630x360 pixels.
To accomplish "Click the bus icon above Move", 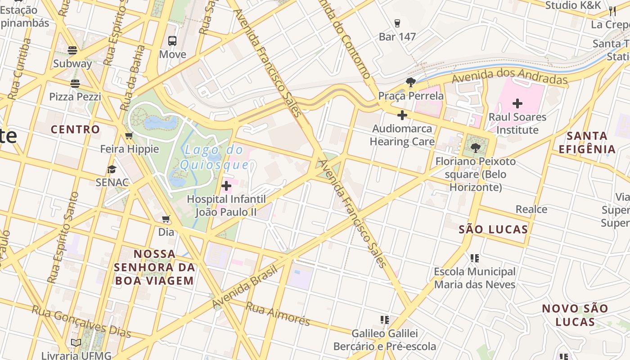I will click(x=172, y=41).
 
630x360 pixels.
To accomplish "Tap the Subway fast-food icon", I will click(x=72, y=50).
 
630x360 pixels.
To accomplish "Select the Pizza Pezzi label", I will click(x=75, y=97).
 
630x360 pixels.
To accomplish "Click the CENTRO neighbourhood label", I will click(x=75, y=130).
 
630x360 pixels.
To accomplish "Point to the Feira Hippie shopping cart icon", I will click(x=129, y=136).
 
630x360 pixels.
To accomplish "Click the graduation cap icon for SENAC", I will click(x=112, y=169).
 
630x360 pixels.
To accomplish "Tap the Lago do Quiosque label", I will click(x=214, y=157).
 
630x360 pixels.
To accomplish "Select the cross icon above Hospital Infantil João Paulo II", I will click(x=226, y=185).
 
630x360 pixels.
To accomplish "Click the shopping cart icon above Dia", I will click(x=166, y=219).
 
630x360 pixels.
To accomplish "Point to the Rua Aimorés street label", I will click(x=278, y=313).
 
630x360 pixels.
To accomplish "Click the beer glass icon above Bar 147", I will click(x=397, y=23).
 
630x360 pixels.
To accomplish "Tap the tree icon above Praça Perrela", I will click(x=410, y=82).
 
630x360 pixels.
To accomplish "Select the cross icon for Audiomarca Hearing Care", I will click(x=402, y=115).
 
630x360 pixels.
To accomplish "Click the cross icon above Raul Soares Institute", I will click(x=517, y=103).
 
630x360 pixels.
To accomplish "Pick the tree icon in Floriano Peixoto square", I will click(x=476, y=147).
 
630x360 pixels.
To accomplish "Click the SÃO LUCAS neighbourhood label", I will click(x=493, y=229).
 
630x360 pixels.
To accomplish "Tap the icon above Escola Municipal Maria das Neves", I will click(x=474, y=258).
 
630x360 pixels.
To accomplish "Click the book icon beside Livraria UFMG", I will click(x=76, y=343).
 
